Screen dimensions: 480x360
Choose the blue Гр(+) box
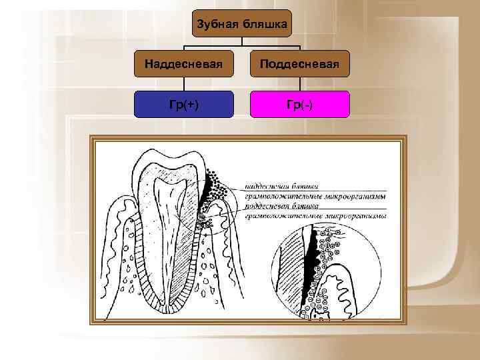184,104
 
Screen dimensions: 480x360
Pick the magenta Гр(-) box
299,104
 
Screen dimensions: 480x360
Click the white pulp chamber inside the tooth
166,220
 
